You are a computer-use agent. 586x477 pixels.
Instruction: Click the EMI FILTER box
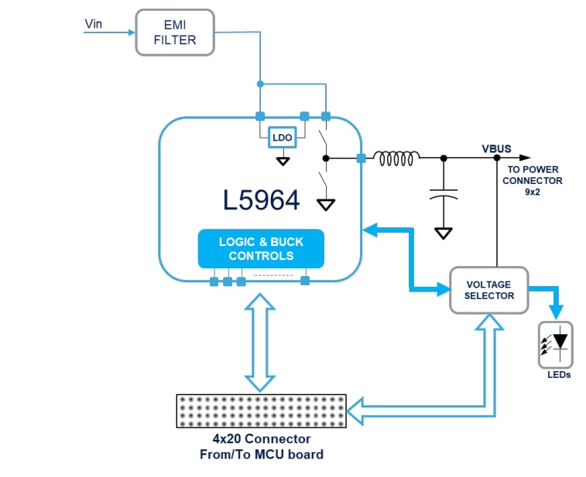click(176, 32)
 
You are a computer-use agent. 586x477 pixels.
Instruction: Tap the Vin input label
click(94, 25)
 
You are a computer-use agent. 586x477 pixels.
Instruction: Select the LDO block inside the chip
click(282, 138)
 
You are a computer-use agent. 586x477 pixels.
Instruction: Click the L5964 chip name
click(261, 200)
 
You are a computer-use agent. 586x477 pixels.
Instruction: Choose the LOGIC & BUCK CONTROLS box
click(261, 248)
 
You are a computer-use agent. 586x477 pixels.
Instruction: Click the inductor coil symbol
click(396, 158)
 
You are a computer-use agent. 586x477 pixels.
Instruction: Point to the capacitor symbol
click(444, 193)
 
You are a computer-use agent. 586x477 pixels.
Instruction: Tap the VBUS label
click(497, 147)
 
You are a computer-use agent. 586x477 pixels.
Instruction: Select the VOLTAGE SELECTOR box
click(488, 290)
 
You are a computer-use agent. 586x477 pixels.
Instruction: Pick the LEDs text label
click(557, 375)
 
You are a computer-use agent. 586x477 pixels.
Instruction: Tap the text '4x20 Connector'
click(261, 438)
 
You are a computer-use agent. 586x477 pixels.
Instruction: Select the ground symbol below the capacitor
click(444, 232)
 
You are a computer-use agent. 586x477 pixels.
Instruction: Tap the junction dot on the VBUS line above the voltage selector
click(497, 158)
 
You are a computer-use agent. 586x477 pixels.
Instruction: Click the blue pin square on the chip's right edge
click(361, 158)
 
